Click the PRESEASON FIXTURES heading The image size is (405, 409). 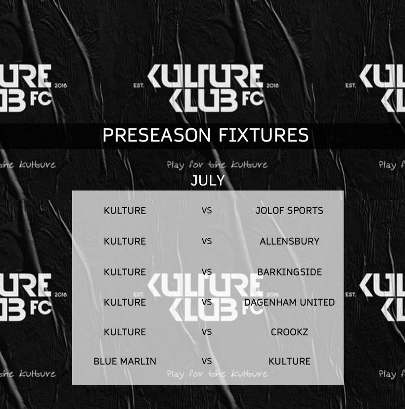(x=205, y=135)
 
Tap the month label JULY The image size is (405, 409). (x=208, y=181)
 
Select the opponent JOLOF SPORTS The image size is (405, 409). (x=289, y=211)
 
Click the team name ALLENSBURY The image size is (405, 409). (x=289, y=241)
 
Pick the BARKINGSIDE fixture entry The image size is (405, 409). (x=289, y=272)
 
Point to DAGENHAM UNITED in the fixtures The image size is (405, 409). (x=289, y=302)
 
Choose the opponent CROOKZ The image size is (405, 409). (x=289, y=332)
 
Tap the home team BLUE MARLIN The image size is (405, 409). (x=125, y=361)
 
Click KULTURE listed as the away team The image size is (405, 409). (x=289, y=361)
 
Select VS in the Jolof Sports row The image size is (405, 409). (x=207, y=211)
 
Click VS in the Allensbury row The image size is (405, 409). (x=207, y=241)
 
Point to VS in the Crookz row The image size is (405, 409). (x=207, y=332)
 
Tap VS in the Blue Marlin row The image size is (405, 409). (x=207, y=361)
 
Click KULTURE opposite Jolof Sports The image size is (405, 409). (x=125, y=211)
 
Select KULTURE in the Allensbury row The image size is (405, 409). (x=125, y=241)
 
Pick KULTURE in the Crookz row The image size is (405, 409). (x=125, y=332)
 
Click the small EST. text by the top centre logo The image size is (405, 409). (x=138, y=86)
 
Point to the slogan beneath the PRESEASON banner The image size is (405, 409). (x=217, y=165)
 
